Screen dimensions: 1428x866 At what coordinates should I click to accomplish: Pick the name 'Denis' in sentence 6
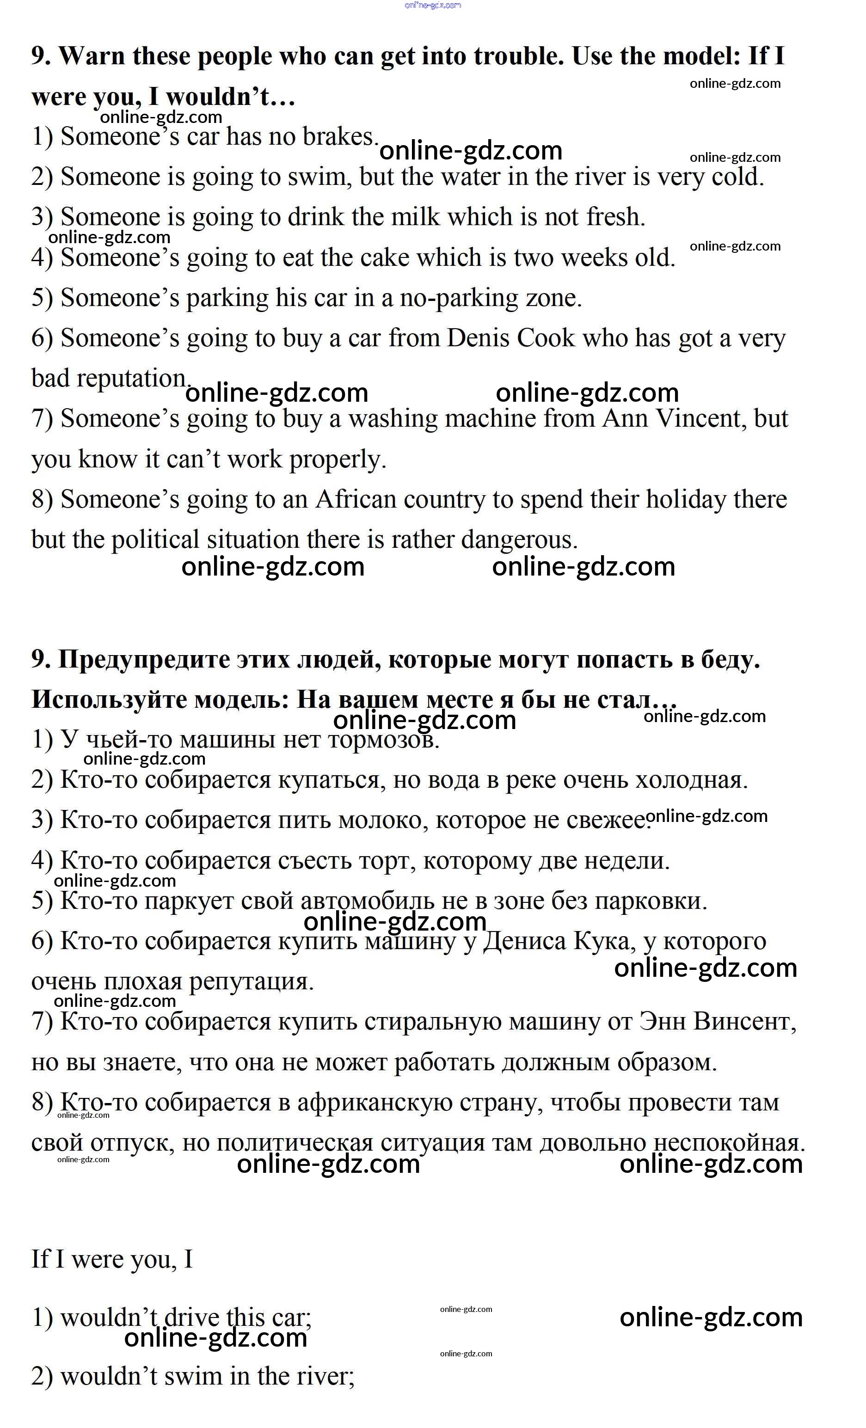point(477,338)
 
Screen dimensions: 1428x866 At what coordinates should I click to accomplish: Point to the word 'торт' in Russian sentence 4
point(389,861)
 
